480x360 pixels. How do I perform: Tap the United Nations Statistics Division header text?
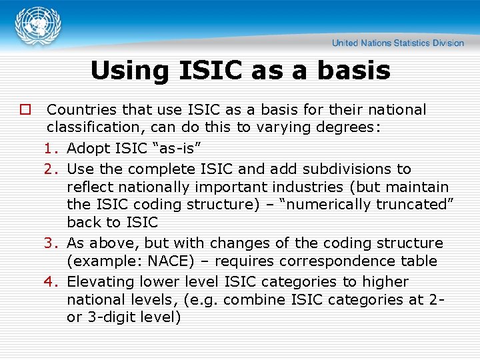[398, 43]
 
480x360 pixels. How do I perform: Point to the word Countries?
[81, 109]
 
